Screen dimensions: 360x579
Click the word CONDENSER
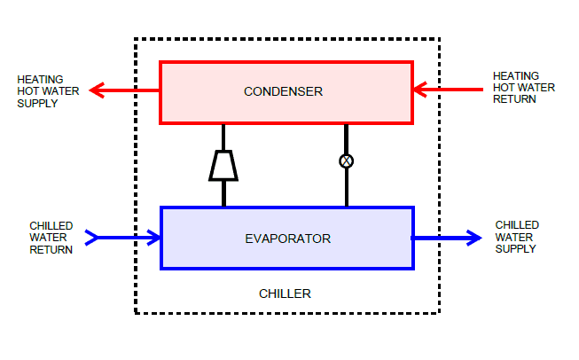tap(283, 91)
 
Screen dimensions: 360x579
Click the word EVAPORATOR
tap(287, 238)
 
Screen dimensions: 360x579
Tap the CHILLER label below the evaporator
tap(285, 293)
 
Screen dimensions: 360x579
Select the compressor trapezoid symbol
tap(223, 165)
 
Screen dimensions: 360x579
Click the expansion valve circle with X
tap(347, 160)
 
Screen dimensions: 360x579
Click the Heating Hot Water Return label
tap(523, 88)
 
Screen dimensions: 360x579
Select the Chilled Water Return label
tap(51, 238)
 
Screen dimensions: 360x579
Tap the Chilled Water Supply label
tap(516, 237)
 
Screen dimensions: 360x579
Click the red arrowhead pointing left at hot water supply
tap(99, 90)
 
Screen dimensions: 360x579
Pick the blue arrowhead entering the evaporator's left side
tap(155, 237)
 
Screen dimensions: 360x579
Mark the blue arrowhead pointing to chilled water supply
tap(475, 237)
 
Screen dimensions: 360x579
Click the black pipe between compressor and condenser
tap(223, 137)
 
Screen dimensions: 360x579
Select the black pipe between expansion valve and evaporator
tap(347, 187)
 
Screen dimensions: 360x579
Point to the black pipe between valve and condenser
tap(347, 138)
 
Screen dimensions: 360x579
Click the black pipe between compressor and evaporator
tap(223, 193)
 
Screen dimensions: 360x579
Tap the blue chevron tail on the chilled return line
tap(91, 237)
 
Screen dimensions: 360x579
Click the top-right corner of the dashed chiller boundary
tap(440, 39)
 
